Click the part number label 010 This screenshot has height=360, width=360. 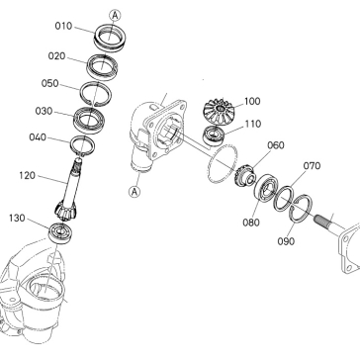coord(63,26)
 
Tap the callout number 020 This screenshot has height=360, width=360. coord(56,56)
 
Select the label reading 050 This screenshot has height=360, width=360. coord(49,83)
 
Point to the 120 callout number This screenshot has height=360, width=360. coord(27,175)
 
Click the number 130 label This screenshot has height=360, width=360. coord(17,218)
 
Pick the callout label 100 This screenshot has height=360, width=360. coord(252,101)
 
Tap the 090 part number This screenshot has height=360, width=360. coord(286,241)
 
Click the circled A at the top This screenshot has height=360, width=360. coord(115,15)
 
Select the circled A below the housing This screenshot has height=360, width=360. coord(135,192)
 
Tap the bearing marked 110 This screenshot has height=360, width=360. coord(214,135)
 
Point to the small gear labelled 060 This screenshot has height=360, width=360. coord(245,175)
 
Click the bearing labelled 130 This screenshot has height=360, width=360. coord(60,232)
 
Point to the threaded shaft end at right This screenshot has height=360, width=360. coord(323,220)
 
